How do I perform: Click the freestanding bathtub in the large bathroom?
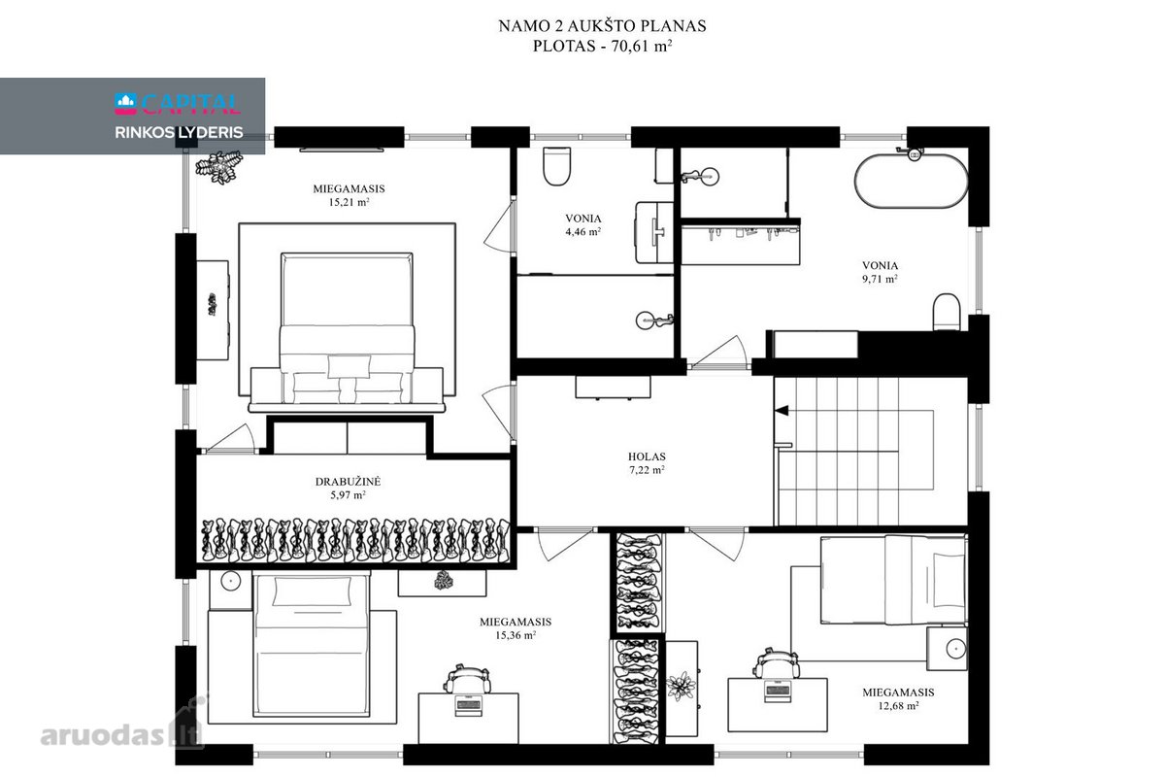[911, 181]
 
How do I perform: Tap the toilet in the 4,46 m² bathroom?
[556, 166]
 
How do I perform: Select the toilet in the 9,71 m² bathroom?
[946, 312]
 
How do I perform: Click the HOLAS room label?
[647, 456]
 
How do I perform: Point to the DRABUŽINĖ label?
[348, 482]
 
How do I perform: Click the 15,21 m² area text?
[349, 202]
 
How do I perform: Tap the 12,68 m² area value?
[898, 706]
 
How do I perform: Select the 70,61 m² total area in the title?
[642, 46]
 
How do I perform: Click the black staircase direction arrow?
[782, 411]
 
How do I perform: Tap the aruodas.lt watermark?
[122, 734]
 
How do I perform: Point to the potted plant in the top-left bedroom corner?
[219, 166]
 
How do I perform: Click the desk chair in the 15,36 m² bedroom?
[467, 679]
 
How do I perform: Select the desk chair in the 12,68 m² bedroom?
[777, 663]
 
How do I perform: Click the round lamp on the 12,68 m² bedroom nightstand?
[955, 649]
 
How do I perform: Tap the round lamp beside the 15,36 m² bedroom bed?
[231, 581]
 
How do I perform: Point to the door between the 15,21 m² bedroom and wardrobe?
[230, 439]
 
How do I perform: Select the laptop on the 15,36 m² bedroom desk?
[468, 705]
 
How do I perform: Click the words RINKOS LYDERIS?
[179, 132]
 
